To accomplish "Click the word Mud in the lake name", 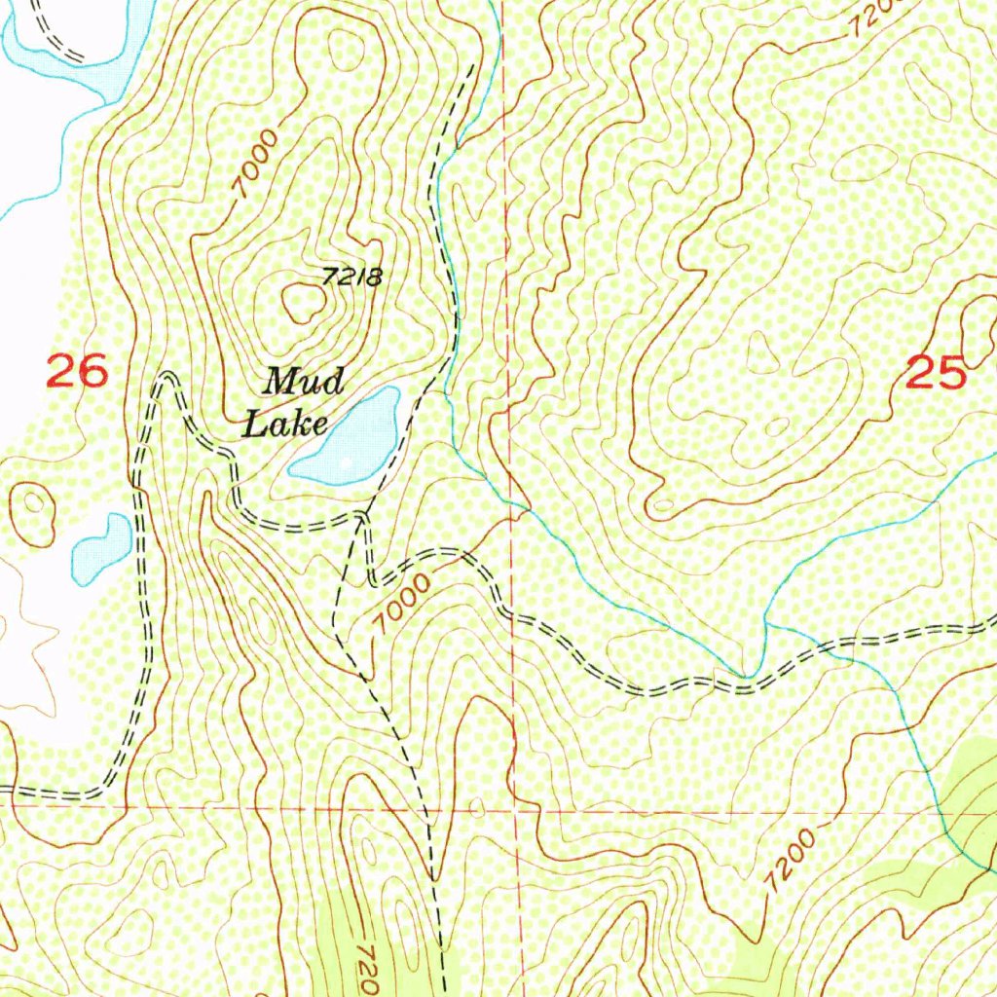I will (304, 381).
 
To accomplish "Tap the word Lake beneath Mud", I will (284, 424).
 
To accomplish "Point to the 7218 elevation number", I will (351, 277).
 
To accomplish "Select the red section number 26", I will (76, 372).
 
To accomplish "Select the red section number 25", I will (935, 373).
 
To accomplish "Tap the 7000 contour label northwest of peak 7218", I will (256, 166).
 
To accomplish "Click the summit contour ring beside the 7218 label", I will (303, 303).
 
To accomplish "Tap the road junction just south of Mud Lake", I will (362, 515).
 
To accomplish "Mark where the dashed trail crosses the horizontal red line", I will (428, 808).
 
